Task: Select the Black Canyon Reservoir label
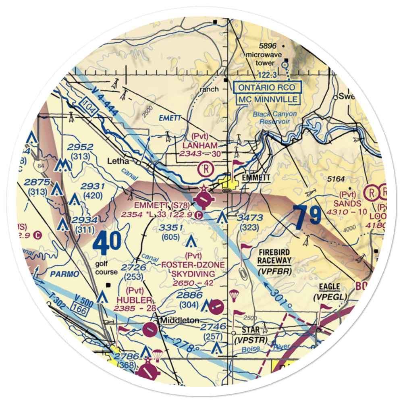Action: click(275, 117)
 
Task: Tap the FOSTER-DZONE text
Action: click(193, 265)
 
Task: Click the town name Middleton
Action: click(180, 320)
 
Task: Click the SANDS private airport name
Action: click(350, 204)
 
